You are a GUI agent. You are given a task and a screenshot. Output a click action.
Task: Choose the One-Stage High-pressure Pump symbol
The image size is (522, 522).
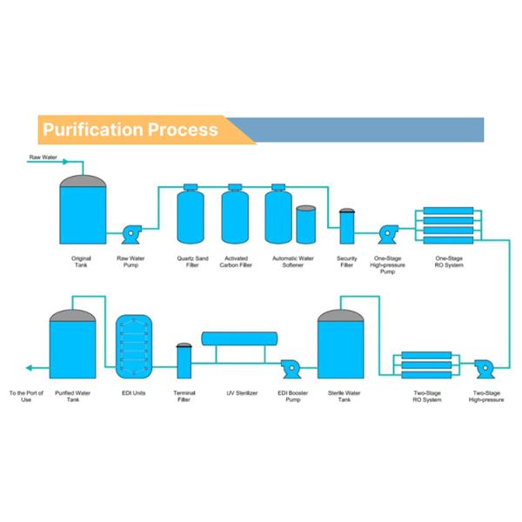tap(388, 233)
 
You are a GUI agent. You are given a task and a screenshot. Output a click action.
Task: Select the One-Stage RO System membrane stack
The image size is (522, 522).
tap(447, 225)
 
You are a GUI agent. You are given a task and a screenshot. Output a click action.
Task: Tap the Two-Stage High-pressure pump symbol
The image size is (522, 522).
tap(485, 368)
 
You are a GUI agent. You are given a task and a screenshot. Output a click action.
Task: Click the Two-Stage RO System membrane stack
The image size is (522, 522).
tap(425, 366)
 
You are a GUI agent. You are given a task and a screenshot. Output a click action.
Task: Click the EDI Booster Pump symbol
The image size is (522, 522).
tap(290, 368)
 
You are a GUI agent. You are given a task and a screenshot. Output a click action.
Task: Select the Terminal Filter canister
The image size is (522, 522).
tap(184, 360)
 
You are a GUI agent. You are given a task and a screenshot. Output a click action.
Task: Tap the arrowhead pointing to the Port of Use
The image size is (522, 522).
tap(28, 368)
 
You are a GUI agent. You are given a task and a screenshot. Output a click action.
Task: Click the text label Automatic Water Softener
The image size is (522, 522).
tap(292, 261)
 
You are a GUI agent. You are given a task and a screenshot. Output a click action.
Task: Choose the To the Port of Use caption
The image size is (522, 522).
tap(26, 397)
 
